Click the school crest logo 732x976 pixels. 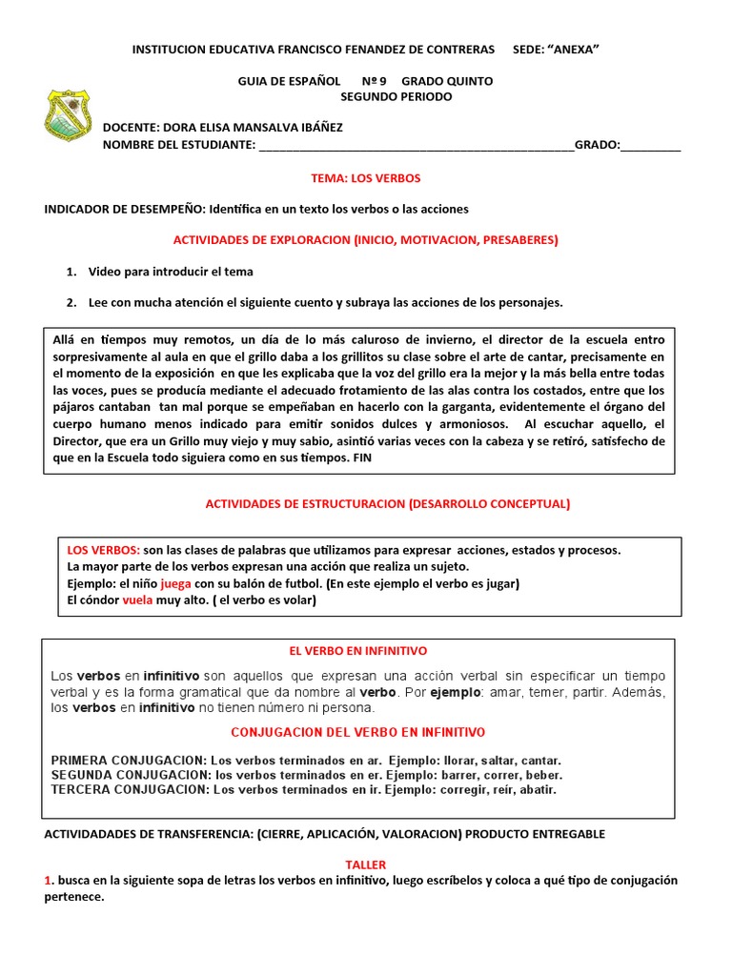[x=69, y=115]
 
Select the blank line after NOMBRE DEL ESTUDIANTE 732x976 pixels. [x=416, y=147]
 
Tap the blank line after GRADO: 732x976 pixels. [x=651, y=147]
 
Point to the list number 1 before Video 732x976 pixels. [x=71, y=272]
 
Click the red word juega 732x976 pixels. [x=176, y=583]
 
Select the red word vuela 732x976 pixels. [x=138, y=600]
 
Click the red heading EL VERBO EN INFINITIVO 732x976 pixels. [x=357, y=650]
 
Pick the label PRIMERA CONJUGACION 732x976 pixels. [x=128, y=761]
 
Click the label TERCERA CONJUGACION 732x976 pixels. [x=128, y=789]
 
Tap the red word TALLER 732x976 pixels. [x=365, y=864]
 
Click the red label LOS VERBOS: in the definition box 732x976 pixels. [x=103, y=550]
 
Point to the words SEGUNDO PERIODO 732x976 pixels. [x=396, y=96]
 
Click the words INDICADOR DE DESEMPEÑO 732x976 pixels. [x=124, y=209]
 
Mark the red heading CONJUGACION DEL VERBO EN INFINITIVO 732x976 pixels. [x=358, y=732]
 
